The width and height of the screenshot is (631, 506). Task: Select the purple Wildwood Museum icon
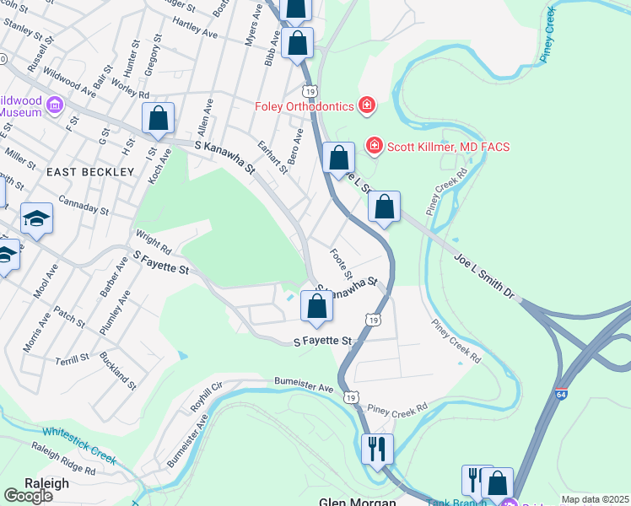point(56,105)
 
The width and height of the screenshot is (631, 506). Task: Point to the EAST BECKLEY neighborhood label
point(90,171)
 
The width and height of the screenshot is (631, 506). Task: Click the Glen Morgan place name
point(357,500)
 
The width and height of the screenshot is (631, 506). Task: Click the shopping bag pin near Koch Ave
point(158,119)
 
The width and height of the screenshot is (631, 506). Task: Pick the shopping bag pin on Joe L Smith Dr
point(384,207)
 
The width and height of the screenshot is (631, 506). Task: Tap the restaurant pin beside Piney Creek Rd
point(377,449)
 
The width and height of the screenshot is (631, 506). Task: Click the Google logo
point(28,496)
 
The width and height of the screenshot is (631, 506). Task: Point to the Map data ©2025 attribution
point(595,499)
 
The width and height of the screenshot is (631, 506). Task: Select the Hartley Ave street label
point(195,34)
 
